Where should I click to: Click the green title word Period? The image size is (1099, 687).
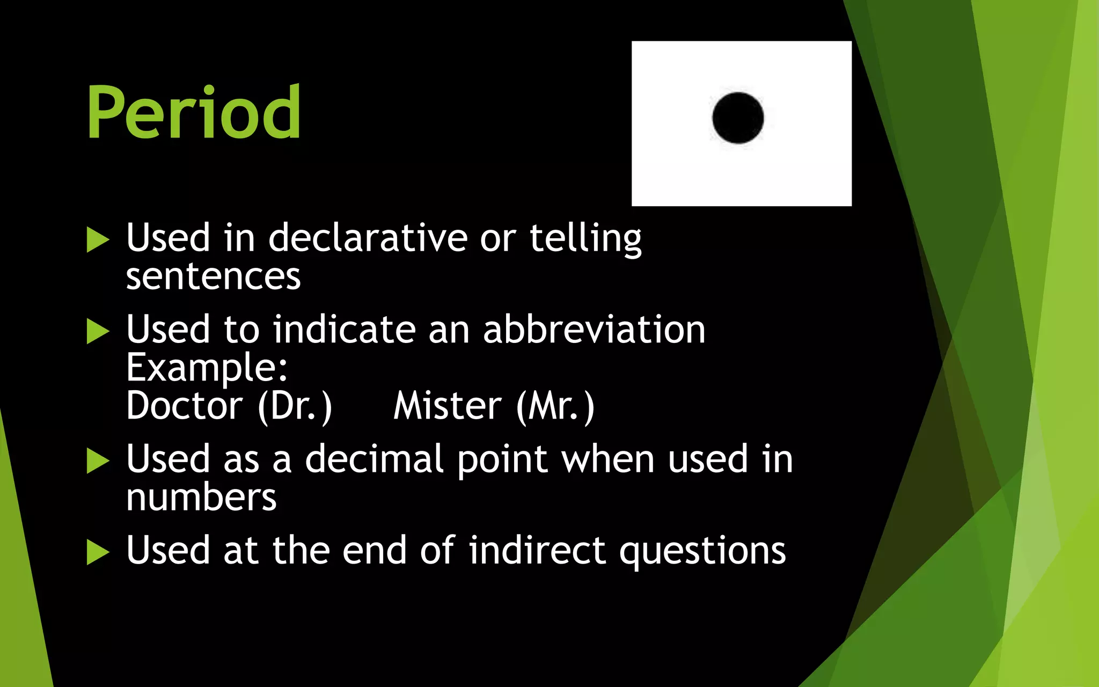pyautogui.click(x=193, y=113)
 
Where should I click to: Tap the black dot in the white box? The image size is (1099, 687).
pyautogui.click(x=738, y=118)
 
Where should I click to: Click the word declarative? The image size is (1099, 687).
pyautogui.click(x=368, y=238)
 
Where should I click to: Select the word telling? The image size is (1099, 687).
pyautogui.click(x=585, y=238)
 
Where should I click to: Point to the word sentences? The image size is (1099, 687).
pyautogui.click(x=213, y=277)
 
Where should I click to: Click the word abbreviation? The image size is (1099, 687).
pyautogui.click(x=594, y=330)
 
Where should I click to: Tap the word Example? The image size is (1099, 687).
pyautogui.click(x=207, y=368)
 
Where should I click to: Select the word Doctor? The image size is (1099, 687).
pyautogui.click(x=184, y=406)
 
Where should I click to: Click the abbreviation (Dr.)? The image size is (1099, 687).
pyautogui.click(x=295, y=407)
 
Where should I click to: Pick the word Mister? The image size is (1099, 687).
pyautogui.click(x=448, y=406)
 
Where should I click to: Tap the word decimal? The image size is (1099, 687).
pyautogui.click(x=374, y=459)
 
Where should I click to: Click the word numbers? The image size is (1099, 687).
pyautogui.click(x=201, y=498)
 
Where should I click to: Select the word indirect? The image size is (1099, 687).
pyautogui.click(x=537, y=551)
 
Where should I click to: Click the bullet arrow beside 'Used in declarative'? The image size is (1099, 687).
pyautogui.click(x=97, y=239)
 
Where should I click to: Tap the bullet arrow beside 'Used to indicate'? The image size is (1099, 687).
pyautogui.click(x=97, y=331)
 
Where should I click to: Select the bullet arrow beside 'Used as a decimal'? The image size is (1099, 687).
pyautogui.click(x=97, y=461)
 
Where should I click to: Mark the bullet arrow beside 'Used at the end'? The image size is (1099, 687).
pyautogui.click(x=97, y=552)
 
